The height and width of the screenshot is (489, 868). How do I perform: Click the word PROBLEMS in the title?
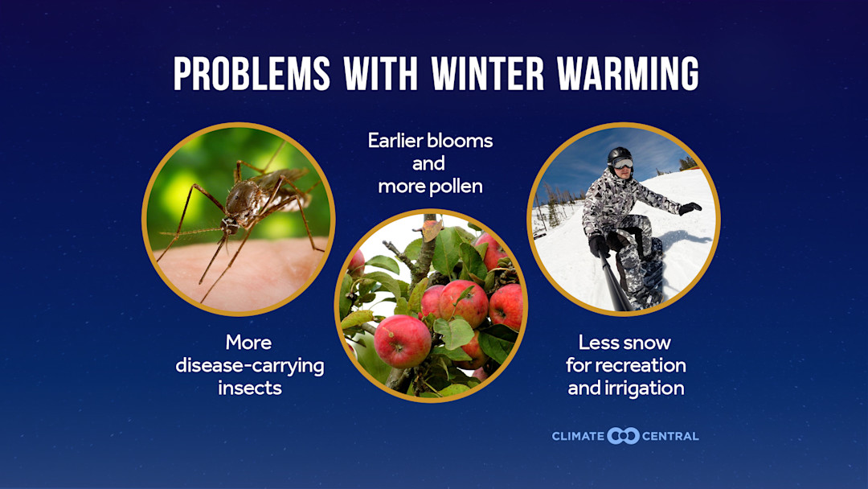252,74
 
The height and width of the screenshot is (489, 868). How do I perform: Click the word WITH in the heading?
380,74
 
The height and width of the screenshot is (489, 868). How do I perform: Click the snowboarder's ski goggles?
622,163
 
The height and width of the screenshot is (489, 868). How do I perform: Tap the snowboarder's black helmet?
620,154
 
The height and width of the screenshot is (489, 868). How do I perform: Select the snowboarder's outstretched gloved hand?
689,208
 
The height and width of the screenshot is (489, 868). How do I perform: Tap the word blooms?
461,141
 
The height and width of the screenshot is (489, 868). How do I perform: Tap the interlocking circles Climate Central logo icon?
623,436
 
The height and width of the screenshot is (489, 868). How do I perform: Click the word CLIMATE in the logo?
578,436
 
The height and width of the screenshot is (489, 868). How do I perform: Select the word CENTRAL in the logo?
670,436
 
